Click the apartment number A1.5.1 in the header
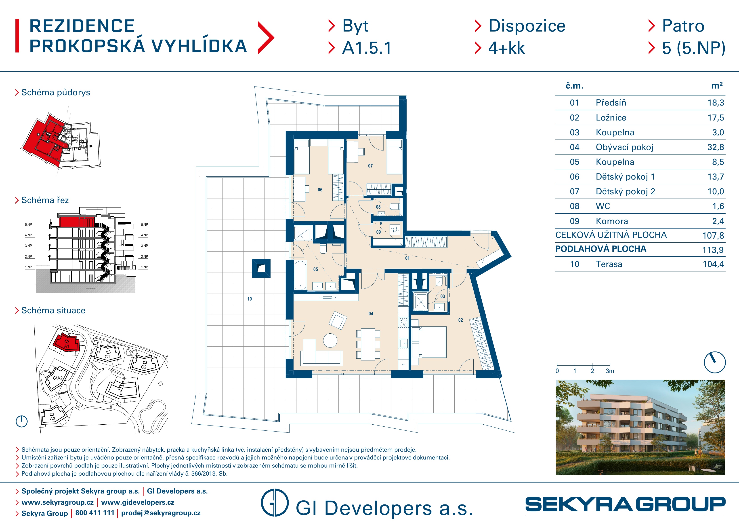pyautogui.click(x=367, y=48)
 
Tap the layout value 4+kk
pyautogui.click(x=507, y=48)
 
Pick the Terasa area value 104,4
pyautogui.click(x=713, y=264)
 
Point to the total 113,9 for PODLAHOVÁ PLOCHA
pyautogui.click(x=713, y=250)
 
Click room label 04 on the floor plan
pyautogui.click(x=371, y=313)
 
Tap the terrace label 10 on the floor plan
pyautogui.click(x=250, y=299)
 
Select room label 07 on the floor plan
pyautogui.click(x=370, y=166)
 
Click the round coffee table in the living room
pyautogui.click(x=330, y=340)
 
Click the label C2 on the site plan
pyautogui.click(x=144, y=367)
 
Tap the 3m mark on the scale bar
pyautogui.click(x=610, y=371)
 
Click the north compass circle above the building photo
pyautogui.click(x=715, y=362)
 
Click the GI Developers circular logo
pyautogui.click(x=275, y=503)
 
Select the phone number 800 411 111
pyautogui.click(x=95, y=513)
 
